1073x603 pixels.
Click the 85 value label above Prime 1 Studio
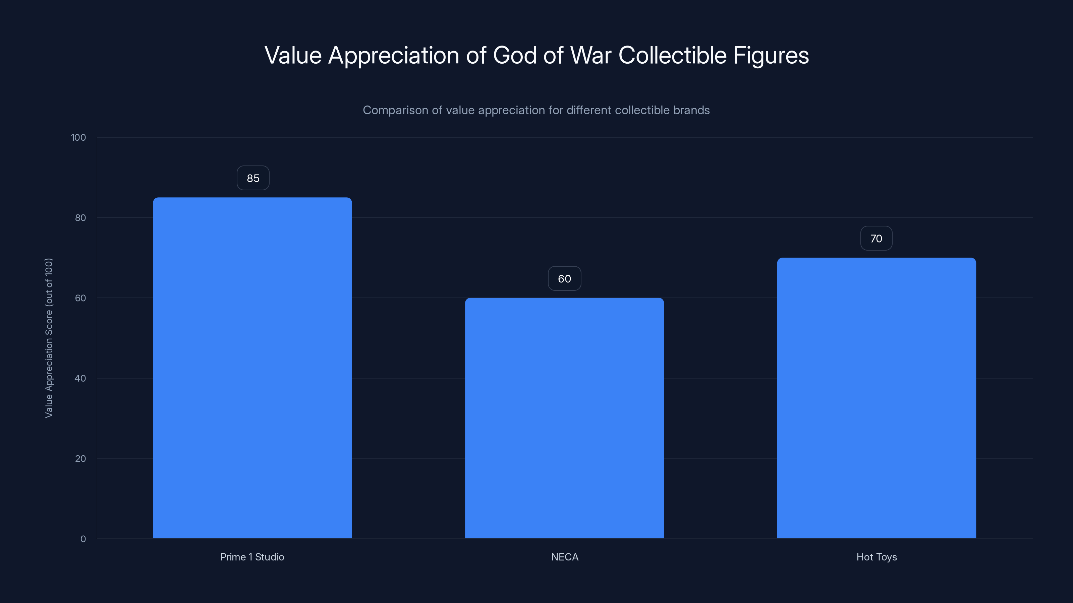(253, 178)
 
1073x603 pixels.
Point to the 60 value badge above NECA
(564, 278)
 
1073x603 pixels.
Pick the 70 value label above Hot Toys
(876, 239)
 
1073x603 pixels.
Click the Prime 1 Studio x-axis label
(252, 557)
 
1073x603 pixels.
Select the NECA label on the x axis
(564, 557)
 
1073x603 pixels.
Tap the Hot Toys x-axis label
(877, 557)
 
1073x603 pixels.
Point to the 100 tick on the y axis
(78, 137)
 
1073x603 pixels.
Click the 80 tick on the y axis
(80, 218)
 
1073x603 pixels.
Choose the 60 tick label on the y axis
(80, 298)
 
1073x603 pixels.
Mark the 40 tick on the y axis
(80, 378)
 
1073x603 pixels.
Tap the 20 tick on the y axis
(80, 459)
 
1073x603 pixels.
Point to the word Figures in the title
(771, 55)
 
